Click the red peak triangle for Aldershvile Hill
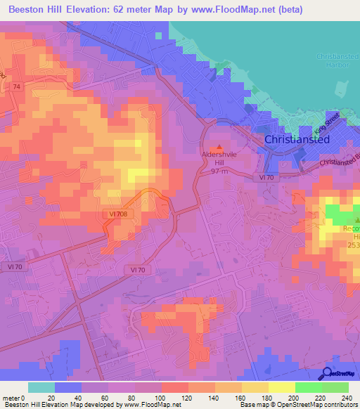click(x=219, y=146)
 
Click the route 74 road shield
click(x=17, y=85)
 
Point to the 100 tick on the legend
click(x=162, y=398)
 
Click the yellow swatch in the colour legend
click(x=281, y=387)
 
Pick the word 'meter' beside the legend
click(x=12, y=398)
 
